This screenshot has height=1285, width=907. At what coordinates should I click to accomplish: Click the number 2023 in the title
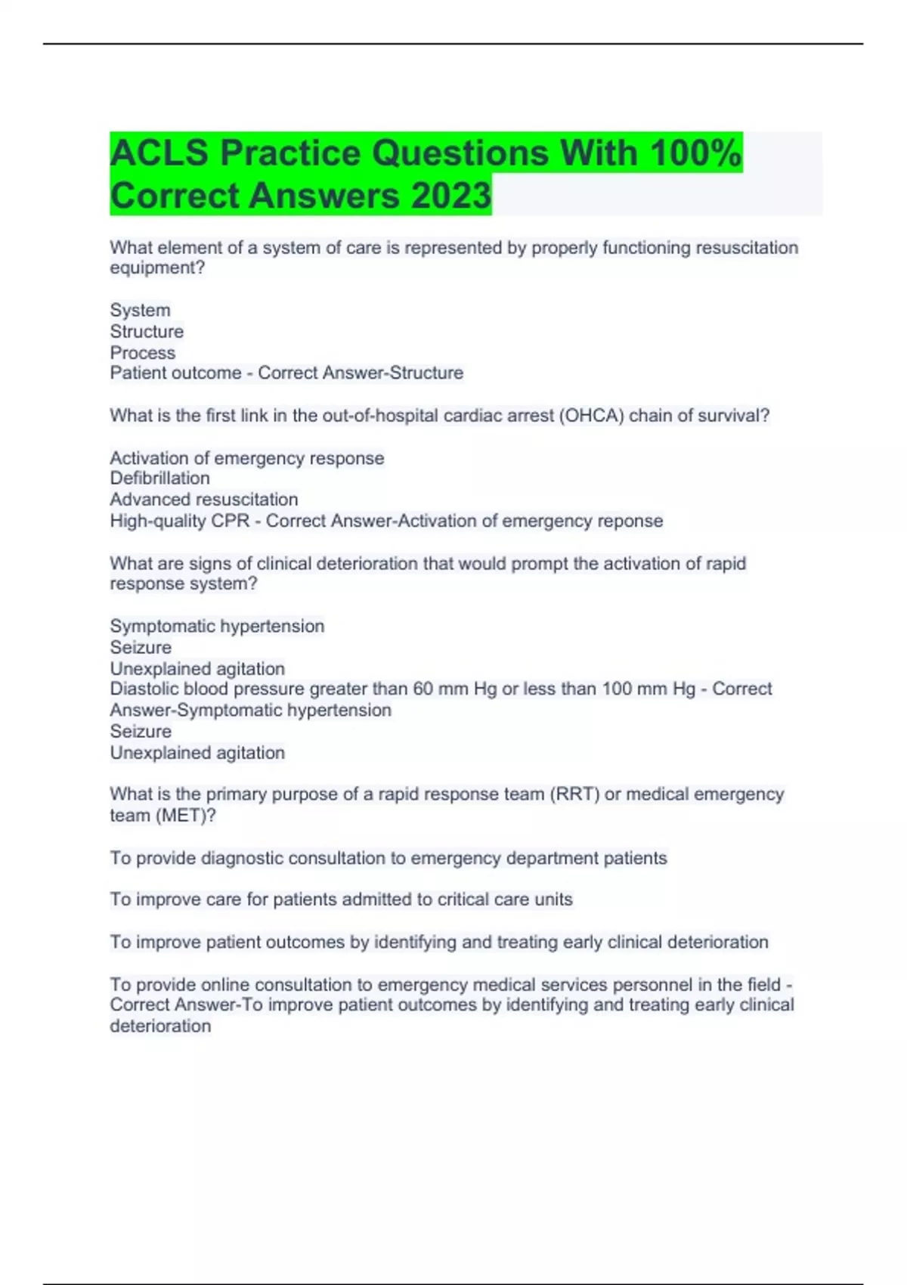pos(451,195)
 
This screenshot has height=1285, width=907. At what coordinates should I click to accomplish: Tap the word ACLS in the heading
pos(159,153)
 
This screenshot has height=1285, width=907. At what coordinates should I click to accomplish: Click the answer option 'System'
pos(140,310)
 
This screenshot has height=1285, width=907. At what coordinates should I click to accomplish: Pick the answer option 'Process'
pos(142,353)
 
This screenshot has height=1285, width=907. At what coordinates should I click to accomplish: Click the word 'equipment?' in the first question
pos(157,268)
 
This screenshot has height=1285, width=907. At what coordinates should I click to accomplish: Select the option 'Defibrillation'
pos(159,478)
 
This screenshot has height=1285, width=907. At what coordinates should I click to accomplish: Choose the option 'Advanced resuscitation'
pos(203,500)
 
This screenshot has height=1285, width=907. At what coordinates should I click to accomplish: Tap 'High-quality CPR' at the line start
pos(179,521)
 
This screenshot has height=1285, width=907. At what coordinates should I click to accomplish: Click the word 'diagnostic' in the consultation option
pos(242,859)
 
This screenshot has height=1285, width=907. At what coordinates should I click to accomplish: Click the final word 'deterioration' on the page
pos(160,1026)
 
